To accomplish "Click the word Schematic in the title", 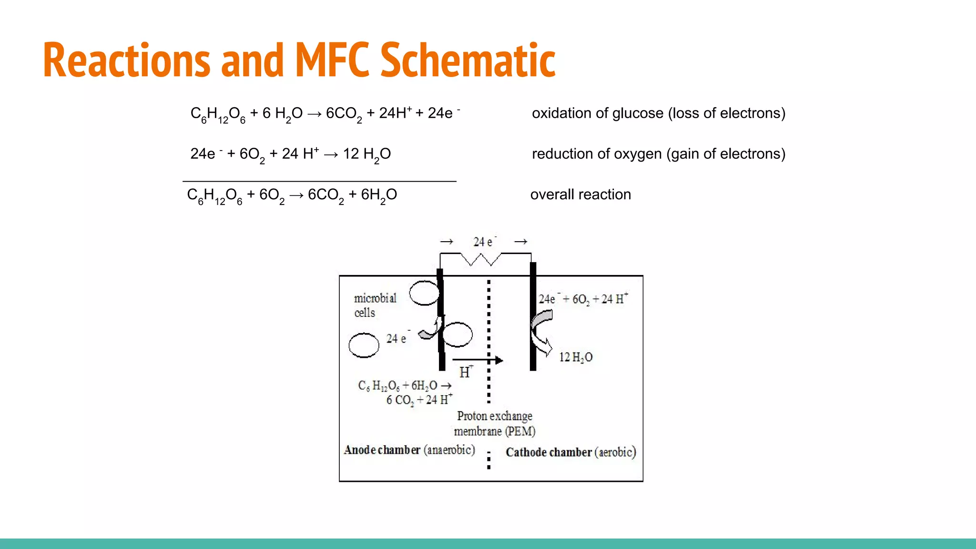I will (468, 60).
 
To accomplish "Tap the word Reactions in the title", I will (126, 60).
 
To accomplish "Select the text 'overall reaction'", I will (580, 194).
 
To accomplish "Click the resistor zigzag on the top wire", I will (481, 259).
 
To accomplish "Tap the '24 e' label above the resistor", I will (484, 242).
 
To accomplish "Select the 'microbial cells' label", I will (375, 305).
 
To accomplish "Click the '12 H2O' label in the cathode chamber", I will (575, 357).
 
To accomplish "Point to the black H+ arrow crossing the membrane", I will (477, 360).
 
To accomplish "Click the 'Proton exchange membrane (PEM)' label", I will (495, 423).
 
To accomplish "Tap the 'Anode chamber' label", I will (382, 450).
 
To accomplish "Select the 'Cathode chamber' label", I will (549, 452).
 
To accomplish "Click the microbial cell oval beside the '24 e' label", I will (364, 345).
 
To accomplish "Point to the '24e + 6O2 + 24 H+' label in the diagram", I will (583, 299).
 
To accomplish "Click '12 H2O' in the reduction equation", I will (366, 154).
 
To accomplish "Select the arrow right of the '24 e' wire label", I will (520, 242).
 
